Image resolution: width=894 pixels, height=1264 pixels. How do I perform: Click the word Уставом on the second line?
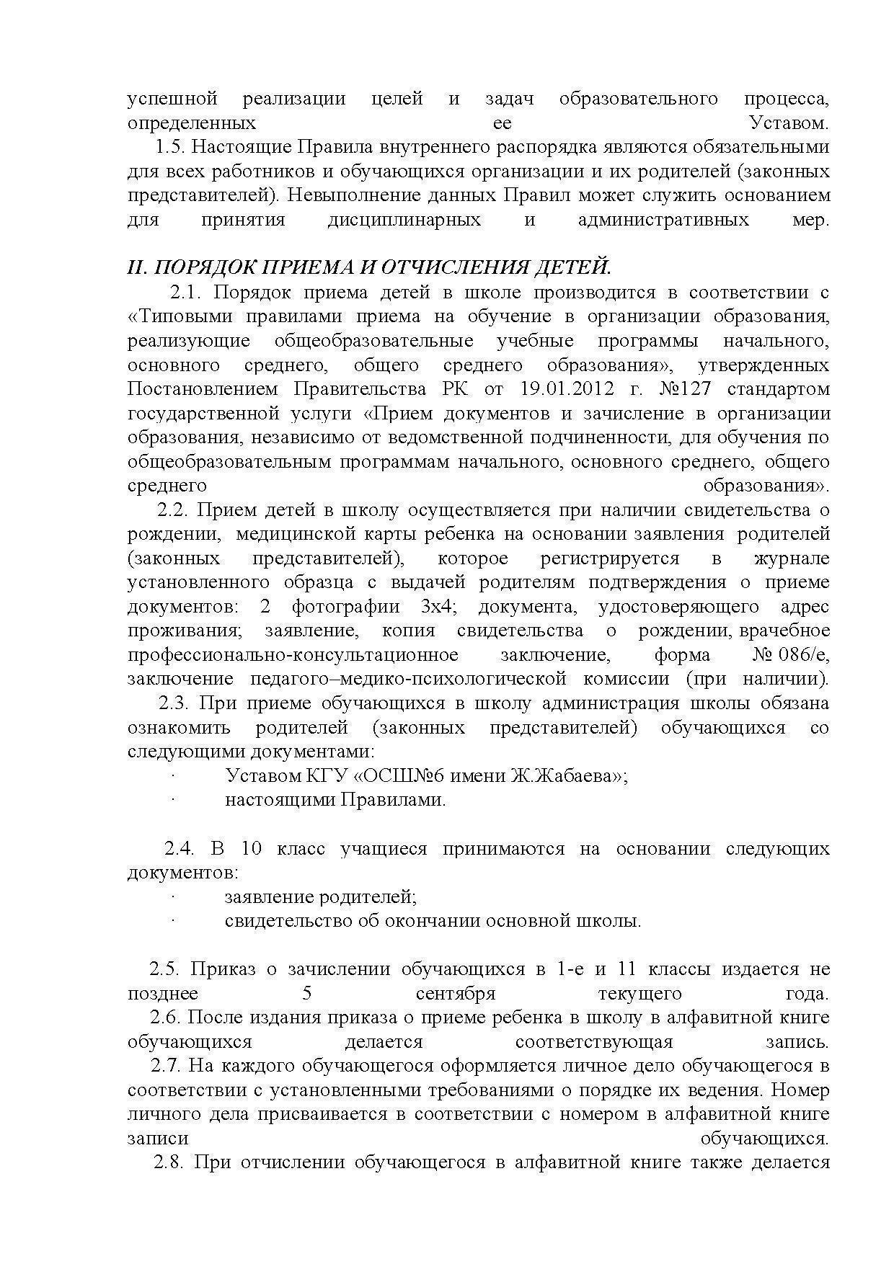[789, 123]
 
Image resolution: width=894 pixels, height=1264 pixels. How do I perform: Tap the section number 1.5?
[171, 147]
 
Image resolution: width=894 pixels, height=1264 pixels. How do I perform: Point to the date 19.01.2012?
[567, 389]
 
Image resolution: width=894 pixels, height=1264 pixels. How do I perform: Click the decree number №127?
[685, 389]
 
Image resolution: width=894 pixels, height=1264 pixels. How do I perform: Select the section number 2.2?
[173, 510]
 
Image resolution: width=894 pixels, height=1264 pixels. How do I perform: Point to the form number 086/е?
[802, 655]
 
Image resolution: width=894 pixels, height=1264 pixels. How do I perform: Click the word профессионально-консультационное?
[293, 655]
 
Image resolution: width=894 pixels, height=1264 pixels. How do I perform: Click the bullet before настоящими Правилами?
[174, 800]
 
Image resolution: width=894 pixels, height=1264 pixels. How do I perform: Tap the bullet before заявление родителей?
[174, 897]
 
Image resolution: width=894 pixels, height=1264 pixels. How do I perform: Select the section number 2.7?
[164, 1067]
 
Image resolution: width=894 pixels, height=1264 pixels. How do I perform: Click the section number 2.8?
[170, 1163]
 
